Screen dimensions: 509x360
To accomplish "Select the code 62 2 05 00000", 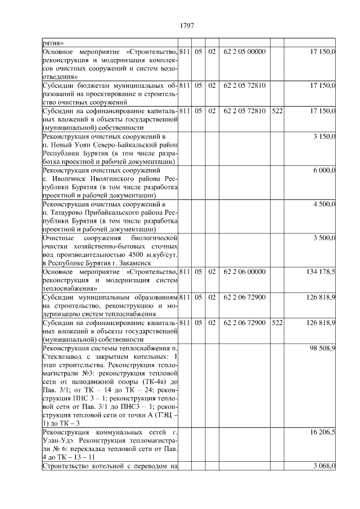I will (244, 52).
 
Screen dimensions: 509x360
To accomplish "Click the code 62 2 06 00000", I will (244, 271).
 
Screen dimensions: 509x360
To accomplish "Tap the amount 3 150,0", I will (325, 136).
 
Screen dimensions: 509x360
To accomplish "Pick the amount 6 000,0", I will (325, 170).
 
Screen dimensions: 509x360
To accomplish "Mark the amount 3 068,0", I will (325, 466).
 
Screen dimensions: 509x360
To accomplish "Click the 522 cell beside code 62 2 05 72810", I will (277, 111).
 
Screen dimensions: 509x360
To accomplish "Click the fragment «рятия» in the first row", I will (53, 43).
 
